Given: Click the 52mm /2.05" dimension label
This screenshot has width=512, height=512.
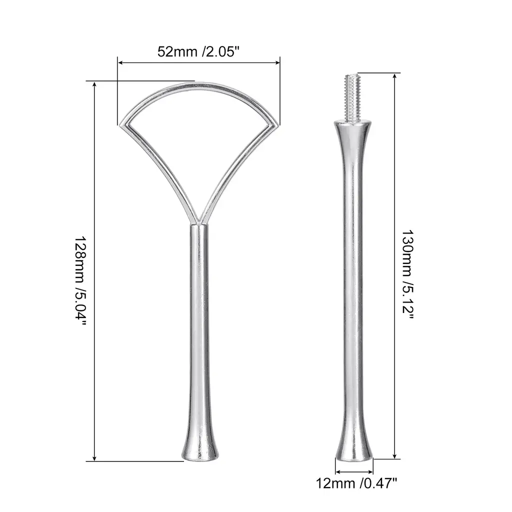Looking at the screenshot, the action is pos(198,51).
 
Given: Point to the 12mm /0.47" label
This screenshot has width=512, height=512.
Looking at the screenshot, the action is pos(356,483).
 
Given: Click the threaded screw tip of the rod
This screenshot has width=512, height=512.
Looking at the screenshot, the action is pos(352,97).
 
